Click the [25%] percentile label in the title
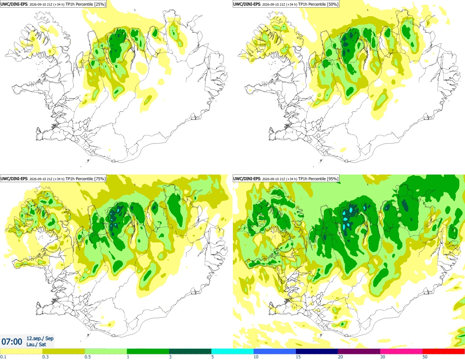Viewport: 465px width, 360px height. coord(99,4)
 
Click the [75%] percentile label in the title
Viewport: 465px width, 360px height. coord(99,179)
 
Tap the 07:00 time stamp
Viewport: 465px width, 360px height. coord(12,342)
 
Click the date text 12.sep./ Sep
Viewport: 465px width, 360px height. coord(40,338)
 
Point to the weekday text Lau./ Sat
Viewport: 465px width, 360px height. coord(36,344)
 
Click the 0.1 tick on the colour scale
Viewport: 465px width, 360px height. coord(3,357)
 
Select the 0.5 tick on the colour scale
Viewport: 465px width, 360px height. coord(88,357)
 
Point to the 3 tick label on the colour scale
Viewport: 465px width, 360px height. coord(170,357)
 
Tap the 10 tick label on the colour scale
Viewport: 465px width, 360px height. coord(256,357)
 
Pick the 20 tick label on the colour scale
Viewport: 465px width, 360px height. coord(340,357)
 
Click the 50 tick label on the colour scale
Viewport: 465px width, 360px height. coord(425,357)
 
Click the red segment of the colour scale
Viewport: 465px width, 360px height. coord(444,352)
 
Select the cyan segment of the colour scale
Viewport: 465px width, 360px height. coord(232,352)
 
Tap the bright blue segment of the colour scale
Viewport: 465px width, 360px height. coord(275,352)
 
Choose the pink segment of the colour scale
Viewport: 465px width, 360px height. coord(401,352)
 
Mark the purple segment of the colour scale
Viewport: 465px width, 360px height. coord(359,352)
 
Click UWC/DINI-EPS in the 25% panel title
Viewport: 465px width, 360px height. coord(14,4)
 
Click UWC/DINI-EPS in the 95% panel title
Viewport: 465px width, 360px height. coord(247,179)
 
